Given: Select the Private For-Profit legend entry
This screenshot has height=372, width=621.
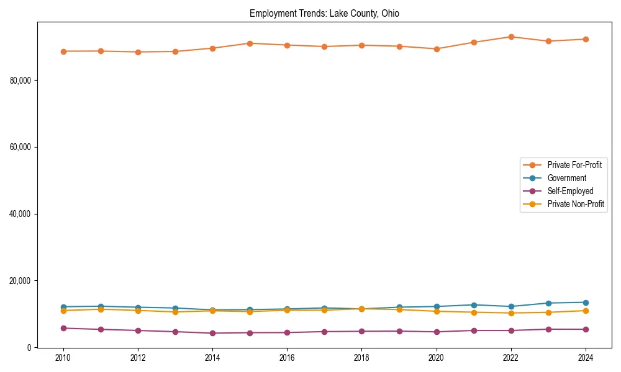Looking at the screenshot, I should click(x=574, y=165).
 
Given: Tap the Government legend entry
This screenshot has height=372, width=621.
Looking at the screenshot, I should click(x=566, y=178).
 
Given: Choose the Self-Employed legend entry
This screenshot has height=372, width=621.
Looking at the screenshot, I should click(x=570, y=191).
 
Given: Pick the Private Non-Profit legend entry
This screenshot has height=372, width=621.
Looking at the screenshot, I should click(x=576, y=204).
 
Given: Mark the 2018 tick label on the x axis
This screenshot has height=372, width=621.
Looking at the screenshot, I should click(x=361, y=358).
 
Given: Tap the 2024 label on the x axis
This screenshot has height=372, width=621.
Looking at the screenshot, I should click(x=585, y=358).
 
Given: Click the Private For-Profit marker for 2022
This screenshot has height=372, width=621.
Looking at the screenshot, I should click(x=510, y=37).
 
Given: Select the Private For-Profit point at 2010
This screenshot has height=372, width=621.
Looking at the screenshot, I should click(x=63, y=51).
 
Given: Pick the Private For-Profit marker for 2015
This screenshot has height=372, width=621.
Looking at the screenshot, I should click(x=250, y=43).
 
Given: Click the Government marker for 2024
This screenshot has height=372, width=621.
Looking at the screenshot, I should click(x=585, y=303).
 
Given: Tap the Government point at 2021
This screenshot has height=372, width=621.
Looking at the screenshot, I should click(x=473, y=305).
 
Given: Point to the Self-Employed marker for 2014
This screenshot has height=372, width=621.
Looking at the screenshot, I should click(x=212, y=333).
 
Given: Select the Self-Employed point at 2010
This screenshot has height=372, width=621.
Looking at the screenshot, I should click(x=63, y=328).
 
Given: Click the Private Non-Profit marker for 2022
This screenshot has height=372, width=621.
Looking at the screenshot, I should click(x=510, y=313).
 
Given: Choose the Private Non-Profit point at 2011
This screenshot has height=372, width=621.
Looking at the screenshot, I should click(x=101, y=309).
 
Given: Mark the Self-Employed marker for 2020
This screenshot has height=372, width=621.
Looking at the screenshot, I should click(x=436, y=332).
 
